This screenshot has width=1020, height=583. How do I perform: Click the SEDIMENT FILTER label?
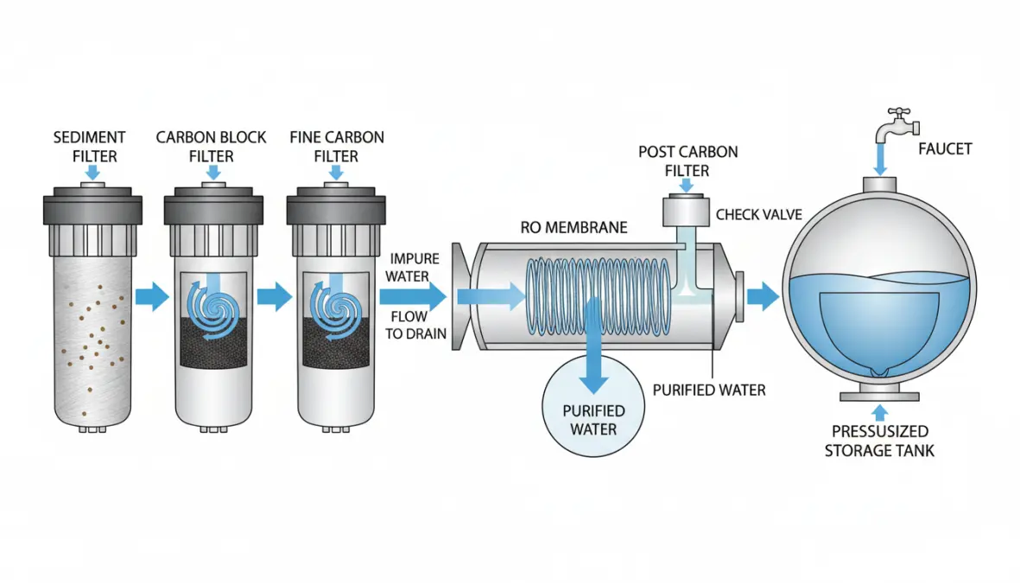point(89,147)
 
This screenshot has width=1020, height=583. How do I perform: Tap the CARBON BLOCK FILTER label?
point(212,147)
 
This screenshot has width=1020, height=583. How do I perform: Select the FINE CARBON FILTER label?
point(337,147)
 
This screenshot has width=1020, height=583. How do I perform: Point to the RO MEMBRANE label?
point(573,228)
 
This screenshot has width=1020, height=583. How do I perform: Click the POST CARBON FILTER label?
point(687,162)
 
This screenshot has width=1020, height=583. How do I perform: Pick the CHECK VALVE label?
point(760,214)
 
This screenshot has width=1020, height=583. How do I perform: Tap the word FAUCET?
point(944,149)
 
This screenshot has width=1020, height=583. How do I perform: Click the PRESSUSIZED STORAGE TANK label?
point(879,440)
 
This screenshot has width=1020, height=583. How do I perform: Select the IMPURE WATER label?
point(415,267)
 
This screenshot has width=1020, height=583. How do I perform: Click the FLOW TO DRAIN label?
point(415,326)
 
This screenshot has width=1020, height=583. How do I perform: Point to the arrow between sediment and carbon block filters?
point(153,297)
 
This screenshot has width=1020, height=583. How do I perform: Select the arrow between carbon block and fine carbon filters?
point(275,297)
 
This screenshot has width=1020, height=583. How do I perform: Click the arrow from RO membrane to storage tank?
point(763,297)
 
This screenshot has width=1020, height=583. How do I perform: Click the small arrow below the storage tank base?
point(879,413)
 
